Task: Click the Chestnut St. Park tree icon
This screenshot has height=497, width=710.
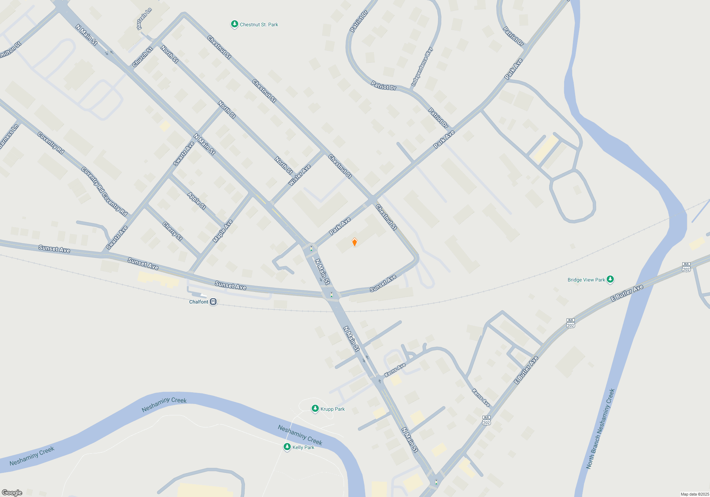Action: [x=234, y=24]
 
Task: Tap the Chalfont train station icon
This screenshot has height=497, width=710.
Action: [x=213, y=302]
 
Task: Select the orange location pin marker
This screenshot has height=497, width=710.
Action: [x=354, y=242]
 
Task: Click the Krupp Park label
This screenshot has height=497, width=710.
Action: [x=332, y=409]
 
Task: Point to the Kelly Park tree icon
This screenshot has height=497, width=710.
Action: [x=287, y=447]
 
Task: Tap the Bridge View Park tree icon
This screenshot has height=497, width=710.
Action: [x=610, y=279]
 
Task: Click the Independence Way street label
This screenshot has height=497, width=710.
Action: [x=422, y=67]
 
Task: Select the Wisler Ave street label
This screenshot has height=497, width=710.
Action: [x=300, y=175]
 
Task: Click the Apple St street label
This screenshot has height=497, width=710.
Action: [x=197, y=201]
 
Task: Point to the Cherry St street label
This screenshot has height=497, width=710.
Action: [x=173, y=231]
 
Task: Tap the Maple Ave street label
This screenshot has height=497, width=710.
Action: [x=223, y=231]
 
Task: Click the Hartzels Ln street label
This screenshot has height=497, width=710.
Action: [x=144, y=19]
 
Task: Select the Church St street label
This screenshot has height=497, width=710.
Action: [x=142, y=57]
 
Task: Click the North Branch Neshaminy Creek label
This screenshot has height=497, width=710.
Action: [x=600, y=429]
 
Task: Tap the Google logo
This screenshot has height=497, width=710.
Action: [x=12, y=492]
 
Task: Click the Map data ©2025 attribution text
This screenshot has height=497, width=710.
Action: [x=695, y=494]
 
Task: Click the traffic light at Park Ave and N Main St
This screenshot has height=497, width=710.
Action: [x=311, y=248]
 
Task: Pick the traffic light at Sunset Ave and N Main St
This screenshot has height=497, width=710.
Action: [x=332, y=295]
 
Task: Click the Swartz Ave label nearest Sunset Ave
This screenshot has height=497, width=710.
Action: [x=117, y=237]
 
